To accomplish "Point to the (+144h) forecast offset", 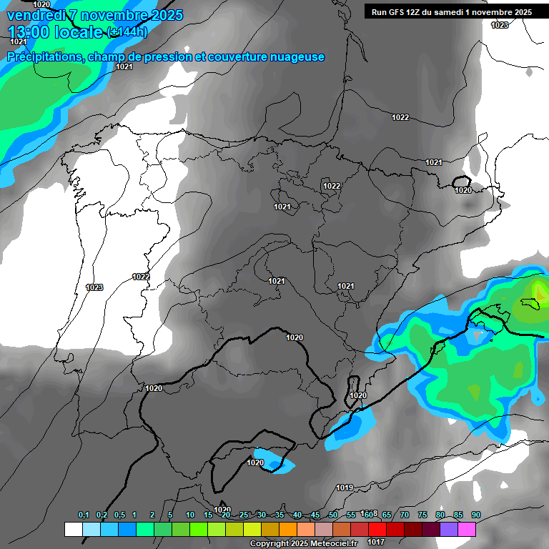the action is pyautogui.click(x=127, y=31).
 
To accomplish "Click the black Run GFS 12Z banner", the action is pyautogui.click(x=452, y=11).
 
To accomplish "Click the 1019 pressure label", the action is pyautogui.click(x=345, y=488).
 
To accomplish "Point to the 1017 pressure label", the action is pyautogui.click(x=376, y=542).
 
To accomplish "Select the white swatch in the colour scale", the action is pyautogui.click(x=73, y=529).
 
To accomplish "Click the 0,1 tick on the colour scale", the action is pyautogui.click(x=84, y=515).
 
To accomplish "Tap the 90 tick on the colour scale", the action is pyautogui.click(x=476, y=515).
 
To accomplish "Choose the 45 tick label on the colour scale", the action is pyautogui.click(x=315, y=515).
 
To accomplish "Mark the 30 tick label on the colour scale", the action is pyautogui.click(x=262, y=515).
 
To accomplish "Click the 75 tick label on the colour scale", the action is pyautogui.click(x=422, y=515).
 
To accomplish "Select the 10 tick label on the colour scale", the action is pyautogui.click(x=190, y=515).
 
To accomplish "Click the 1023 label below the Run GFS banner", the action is pyautogui.click(x=500, y=25).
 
